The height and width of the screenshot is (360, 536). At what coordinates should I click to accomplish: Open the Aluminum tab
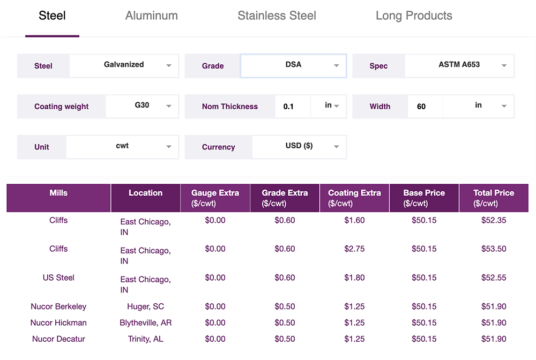[x=151, y=16]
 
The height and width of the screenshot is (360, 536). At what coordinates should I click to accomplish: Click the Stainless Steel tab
[x=277, y=16]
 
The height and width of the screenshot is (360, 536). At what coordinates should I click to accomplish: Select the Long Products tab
[x=414, y=16]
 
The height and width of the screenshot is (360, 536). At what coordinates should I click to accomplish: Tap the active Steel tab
[x=52, y=16]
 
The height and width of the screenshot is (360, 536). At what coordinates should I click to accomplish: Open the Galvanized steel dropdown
[x=124, y=65]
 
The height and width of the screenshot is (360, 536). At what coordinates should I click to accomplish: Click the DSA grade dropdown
[x=293, y=65]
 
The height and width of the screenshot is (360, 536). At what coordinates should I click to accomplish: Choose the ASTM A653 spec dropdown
[x=459, y=65]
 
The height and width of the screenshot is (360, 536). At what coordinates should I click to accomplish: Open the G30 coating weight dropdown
[x=142, y=106]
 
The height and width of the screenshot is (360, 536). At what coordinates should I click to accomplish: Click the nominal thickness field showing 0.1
[x=292, y=107]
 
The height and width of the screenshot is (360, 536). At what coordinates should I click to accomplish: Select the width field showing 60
[x=425, y=107]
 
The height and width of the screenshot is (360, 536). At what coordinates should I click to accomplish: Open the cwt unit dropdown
[x=122, y=147]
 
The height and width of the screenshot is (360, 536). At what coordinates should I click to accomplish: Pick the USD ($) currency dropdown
[x=299, y=147]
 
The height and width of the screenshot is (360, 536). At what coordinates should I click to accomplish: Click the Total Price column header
[x=494, y=198]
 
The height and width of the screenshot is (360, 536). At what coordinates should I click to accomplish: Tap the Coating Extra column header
[x=354, y=198]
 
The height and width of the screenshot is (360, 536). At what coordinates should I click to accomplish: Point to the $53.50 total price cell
[x=494, y=249]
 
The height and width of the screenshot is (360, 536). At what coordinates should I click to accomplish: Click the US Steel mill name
[x=58, y=277]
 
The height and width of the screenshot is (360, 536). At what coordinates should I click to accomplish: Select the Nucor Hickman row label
[x=58, y=322]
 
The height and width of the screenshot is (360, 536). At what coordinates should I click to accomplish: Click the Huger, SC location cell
[x=145, y=306]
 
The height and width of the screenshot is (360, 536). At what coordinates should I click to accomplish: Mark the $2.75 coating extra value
[x=354, y=249]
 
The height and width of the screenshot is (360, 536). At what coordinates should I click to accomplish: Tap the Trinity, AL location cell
[x=145, y=339]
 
